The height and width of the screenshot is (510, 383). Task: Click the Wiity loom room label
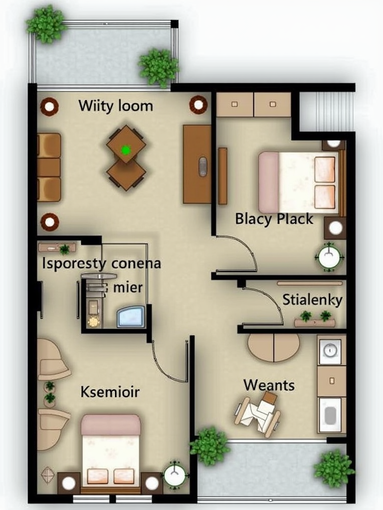click(116, 106)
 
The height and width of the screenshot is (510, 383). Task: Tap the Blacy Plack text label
click(274, 219)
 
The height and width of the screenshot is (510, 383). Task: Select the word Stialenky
click(312, 300)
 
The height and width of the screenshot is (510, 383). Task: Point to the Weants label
click(269, 385)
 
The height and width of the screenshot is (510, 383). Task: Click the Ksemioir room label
click(110, 392)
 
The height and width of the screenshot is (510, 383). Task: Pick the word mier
click(128, 287)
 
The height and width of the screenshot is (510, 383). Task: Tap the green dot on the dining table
click(126, 149)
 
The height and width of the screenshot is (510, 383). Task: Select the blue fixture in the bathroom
click(131, 317)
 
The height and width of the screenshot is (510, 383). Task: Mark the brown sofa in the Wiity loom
click(49, 167)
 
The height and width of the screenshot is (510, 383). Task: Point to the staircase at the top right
click(327, 111)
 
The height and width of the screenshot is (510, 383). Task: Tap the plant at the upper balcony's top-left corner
click(46, 23)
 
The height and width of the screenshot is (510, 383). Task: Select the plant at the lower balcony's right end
click(333, 468)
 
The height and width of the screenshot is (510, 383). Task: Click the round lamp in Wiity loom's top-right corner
click(198, 105)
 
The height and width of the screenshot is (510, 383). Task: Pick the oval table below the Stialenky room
click(274, 347)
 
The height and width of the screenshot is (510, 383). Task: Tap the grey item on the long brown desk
click(202, 166)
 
